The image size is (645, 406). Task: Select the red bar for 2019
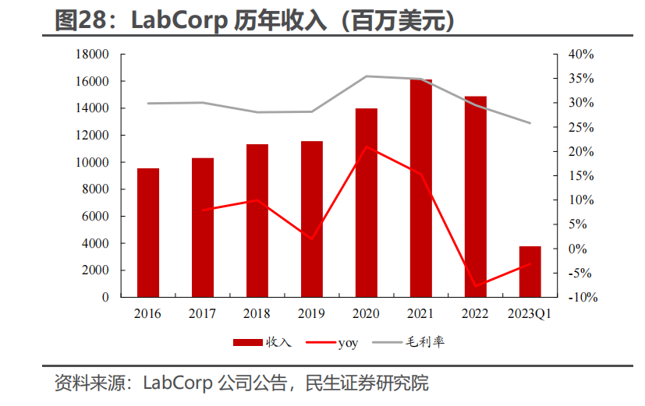312,219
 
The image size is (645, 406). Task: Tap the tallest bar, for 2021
421,188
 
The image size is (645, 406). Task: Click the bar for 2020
367,203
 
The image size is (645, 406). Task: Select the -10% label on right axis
581,297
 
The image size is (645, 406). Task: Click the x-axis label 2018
257,313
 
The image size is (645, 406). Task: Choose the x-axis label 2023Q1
530,313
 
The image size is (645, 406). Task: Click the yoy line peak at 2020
367,147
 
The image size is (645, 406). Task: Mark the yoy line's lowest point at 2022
475,286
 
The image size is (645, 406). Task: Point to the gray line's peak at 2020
367,76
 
